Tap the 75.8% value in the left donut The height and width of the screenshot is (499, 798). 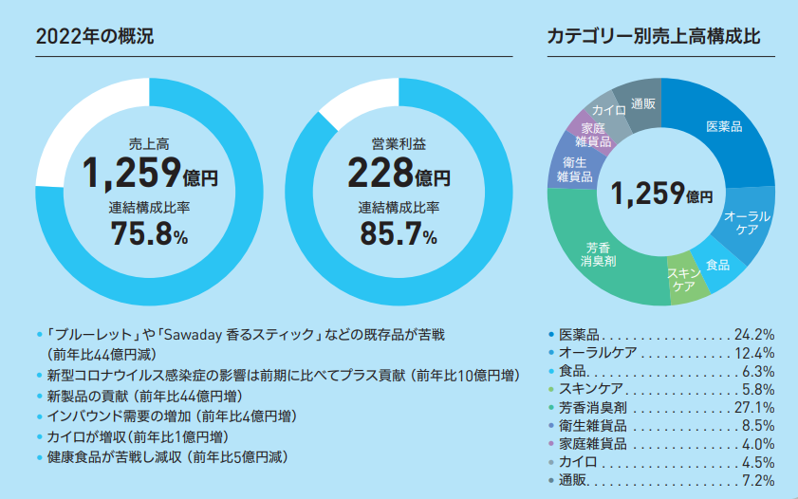(149, 233)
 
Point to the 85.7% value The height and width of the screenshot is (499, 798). (399, 233)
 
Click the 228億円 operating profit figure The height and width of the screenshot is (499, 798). (399, 174)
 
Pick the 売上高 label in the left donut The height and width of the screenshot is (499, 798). (149, 144)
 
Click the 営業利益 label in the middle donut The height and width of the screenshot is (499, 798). (399, 144)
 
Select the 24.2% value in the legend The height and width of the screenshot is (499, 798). (755, 334)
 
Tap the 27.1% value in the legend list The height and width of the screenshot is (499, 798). (755, 407)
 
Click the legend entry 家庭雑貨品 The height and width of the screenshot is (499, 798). (589, 444)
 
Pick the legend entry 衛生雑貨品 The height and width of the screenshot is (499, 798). (589, 426)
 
